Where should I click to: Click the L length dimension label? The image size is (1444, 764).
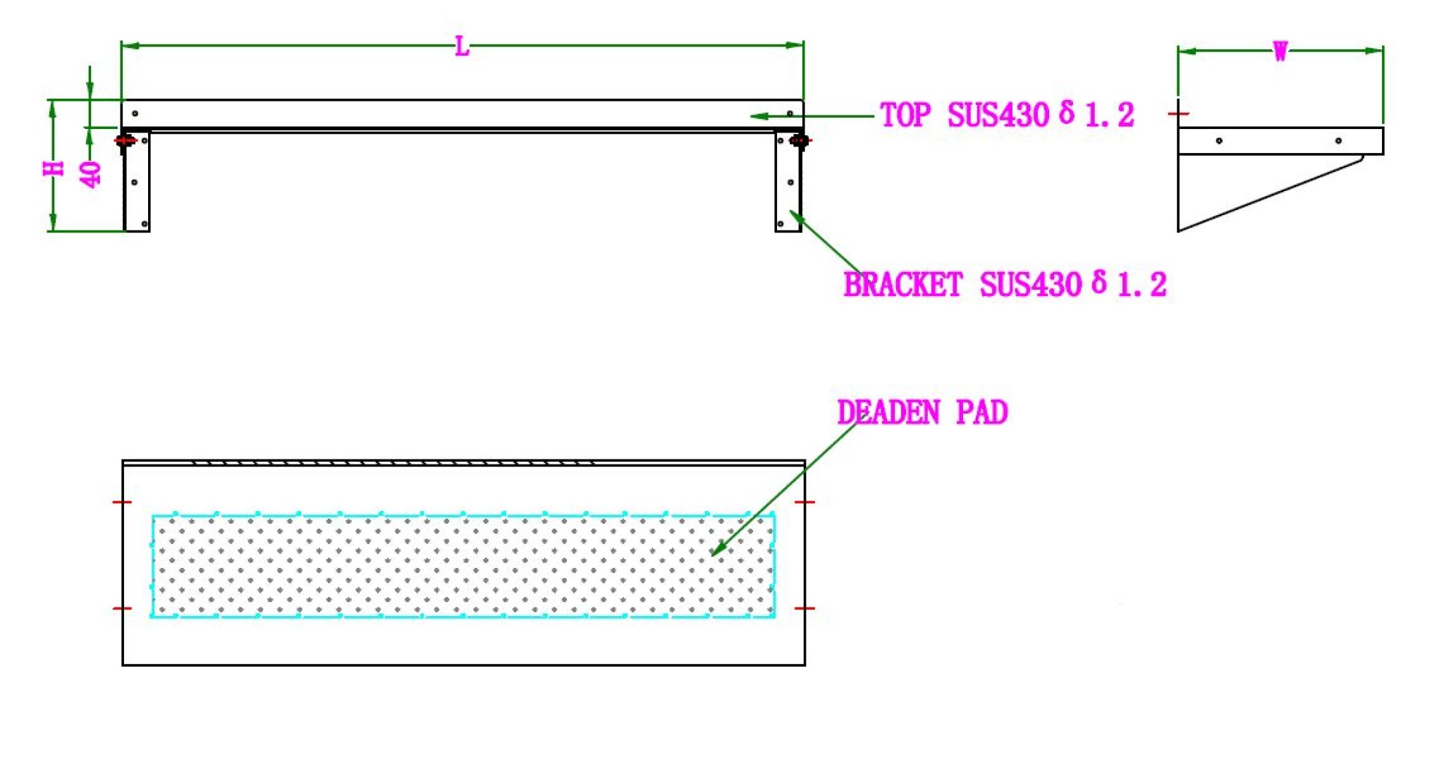point(462,47)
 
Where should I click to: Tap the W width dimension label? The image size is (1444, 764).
point(1280,51)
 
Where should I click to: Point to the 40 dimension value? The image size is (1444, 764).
point(91,174)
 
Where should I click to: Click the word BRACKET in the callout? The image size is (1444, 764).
point(903,285)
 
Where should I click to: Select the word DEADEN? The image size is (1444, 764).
point(888,412)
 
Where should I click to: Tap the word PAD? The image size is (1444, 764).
point(981,412)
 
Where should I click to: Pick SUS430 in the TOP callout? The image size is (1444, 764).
point(998,115)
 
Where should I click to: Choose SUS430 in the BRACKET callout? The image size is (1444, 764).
point(1030,285)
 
